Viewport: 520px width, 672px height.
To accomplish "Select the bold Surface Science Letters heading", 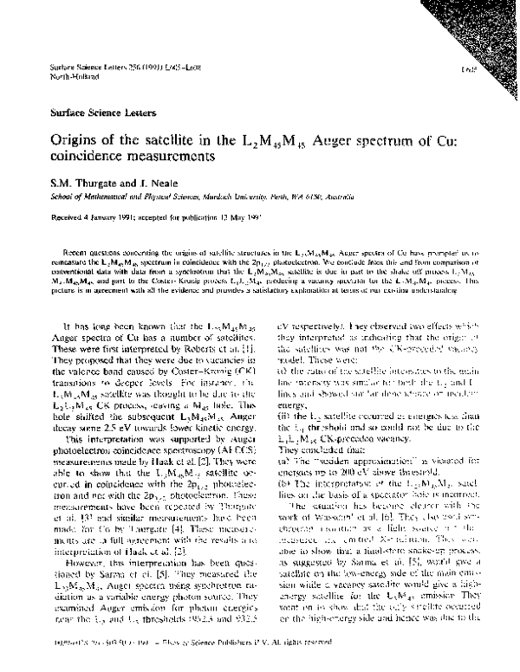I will [93, 113].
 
